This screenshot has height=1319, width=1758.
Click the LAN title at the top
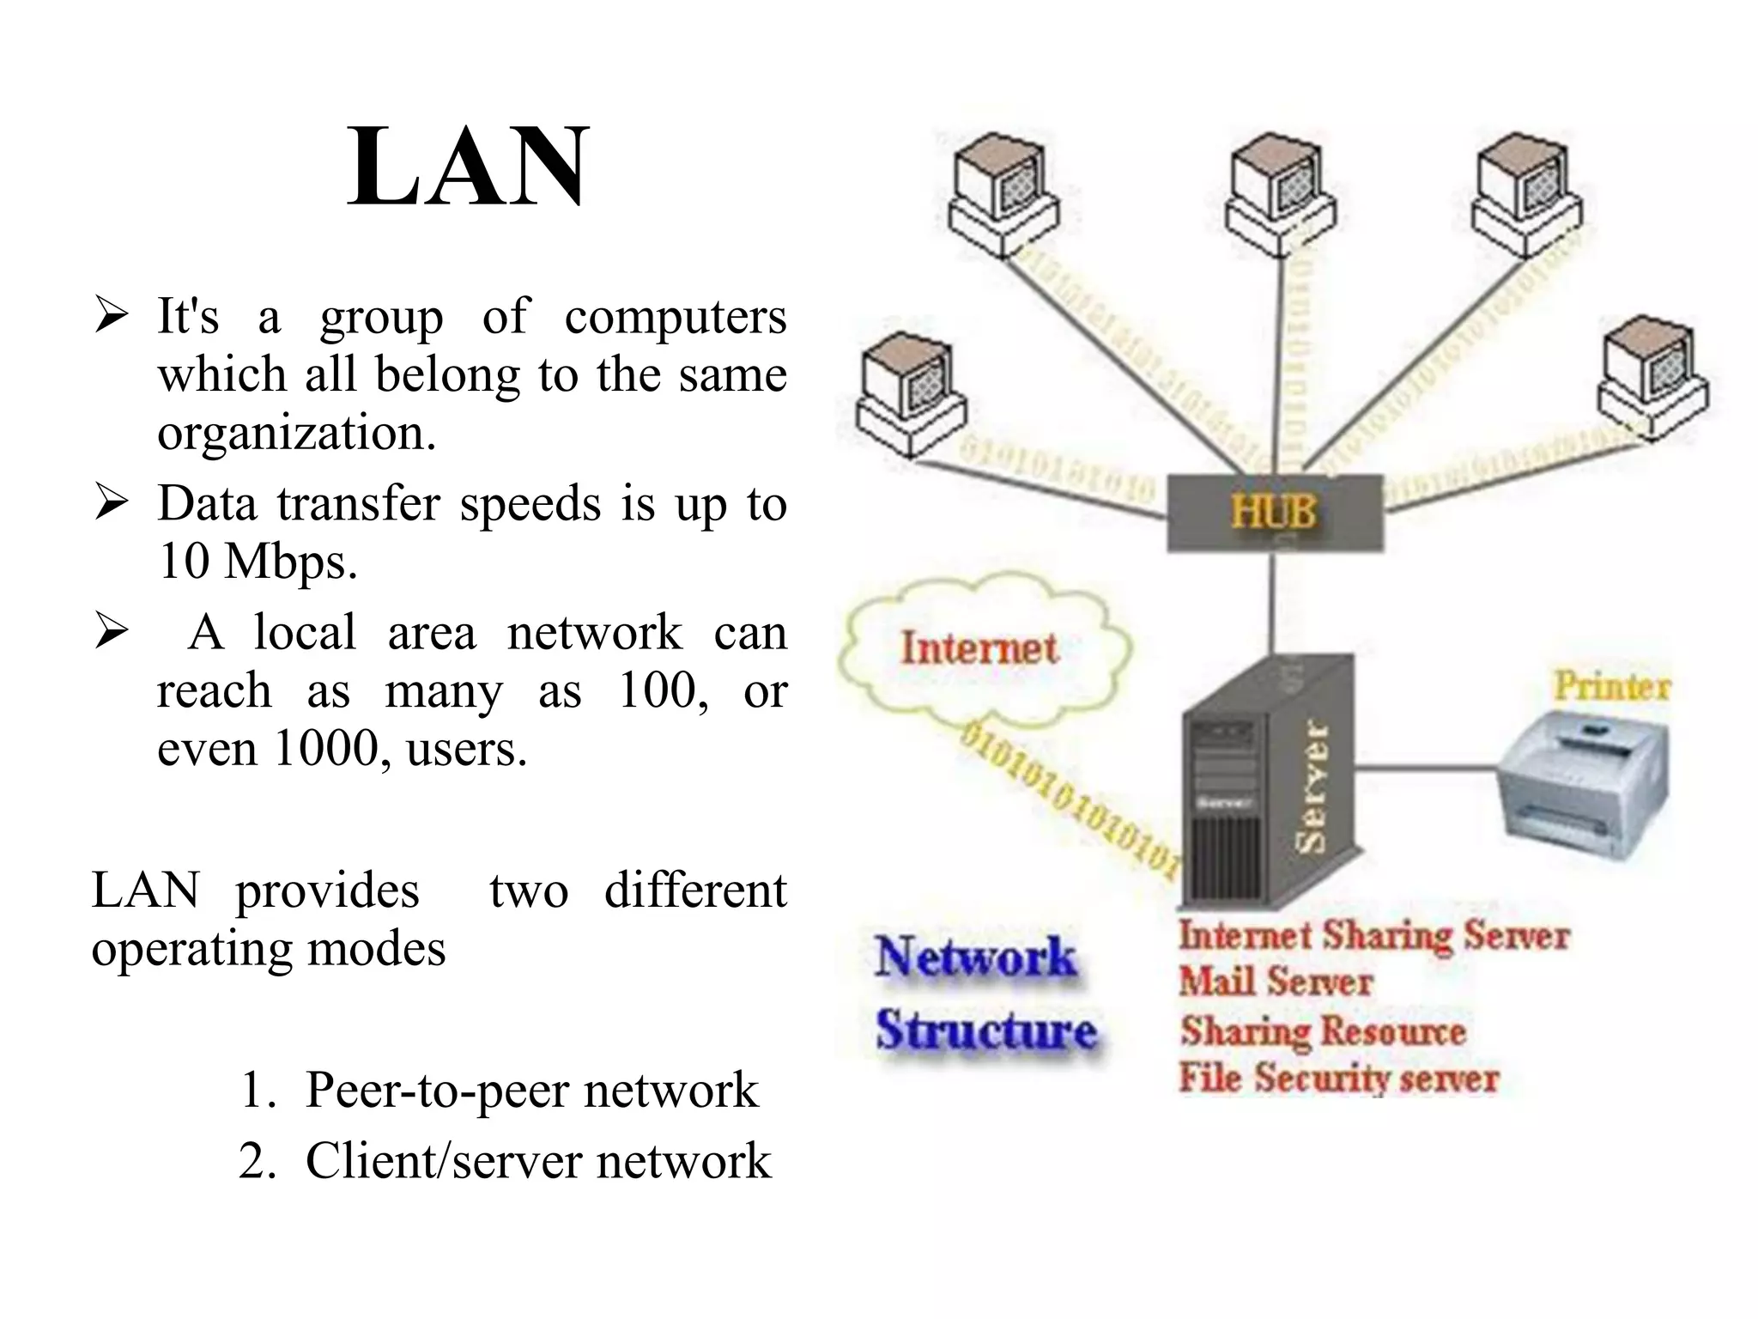tap(468, 167)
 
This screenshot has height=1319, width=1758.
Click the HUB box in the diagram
tap(1274, 512)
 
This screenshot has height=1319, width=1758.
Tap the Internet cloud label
tap(979, 648)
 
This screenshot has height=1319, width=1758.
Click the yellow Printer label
tap(1611, 687)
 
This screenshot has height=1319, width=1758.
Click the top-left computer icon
tap(1003, 193)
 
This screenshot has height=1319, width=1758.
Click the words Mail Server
tap(1275, 982)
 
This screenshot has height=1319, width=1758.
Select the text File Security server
tap(1337, 1078)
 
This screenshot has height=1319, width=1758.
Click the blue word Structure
tap(985, 1030)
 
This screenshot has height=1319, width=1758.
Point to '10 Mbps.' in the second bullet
tap(258, 562)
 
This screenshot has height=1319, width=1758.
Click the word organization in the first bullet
tap(296, 432)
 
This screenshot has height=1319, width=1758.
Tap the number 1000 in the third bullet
tap(324, 749)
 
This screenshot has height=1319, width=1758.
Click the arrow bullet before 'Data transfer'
tap(112, 503)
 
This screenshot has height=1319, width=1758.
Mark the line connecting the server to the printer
tap(1429, 763)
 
